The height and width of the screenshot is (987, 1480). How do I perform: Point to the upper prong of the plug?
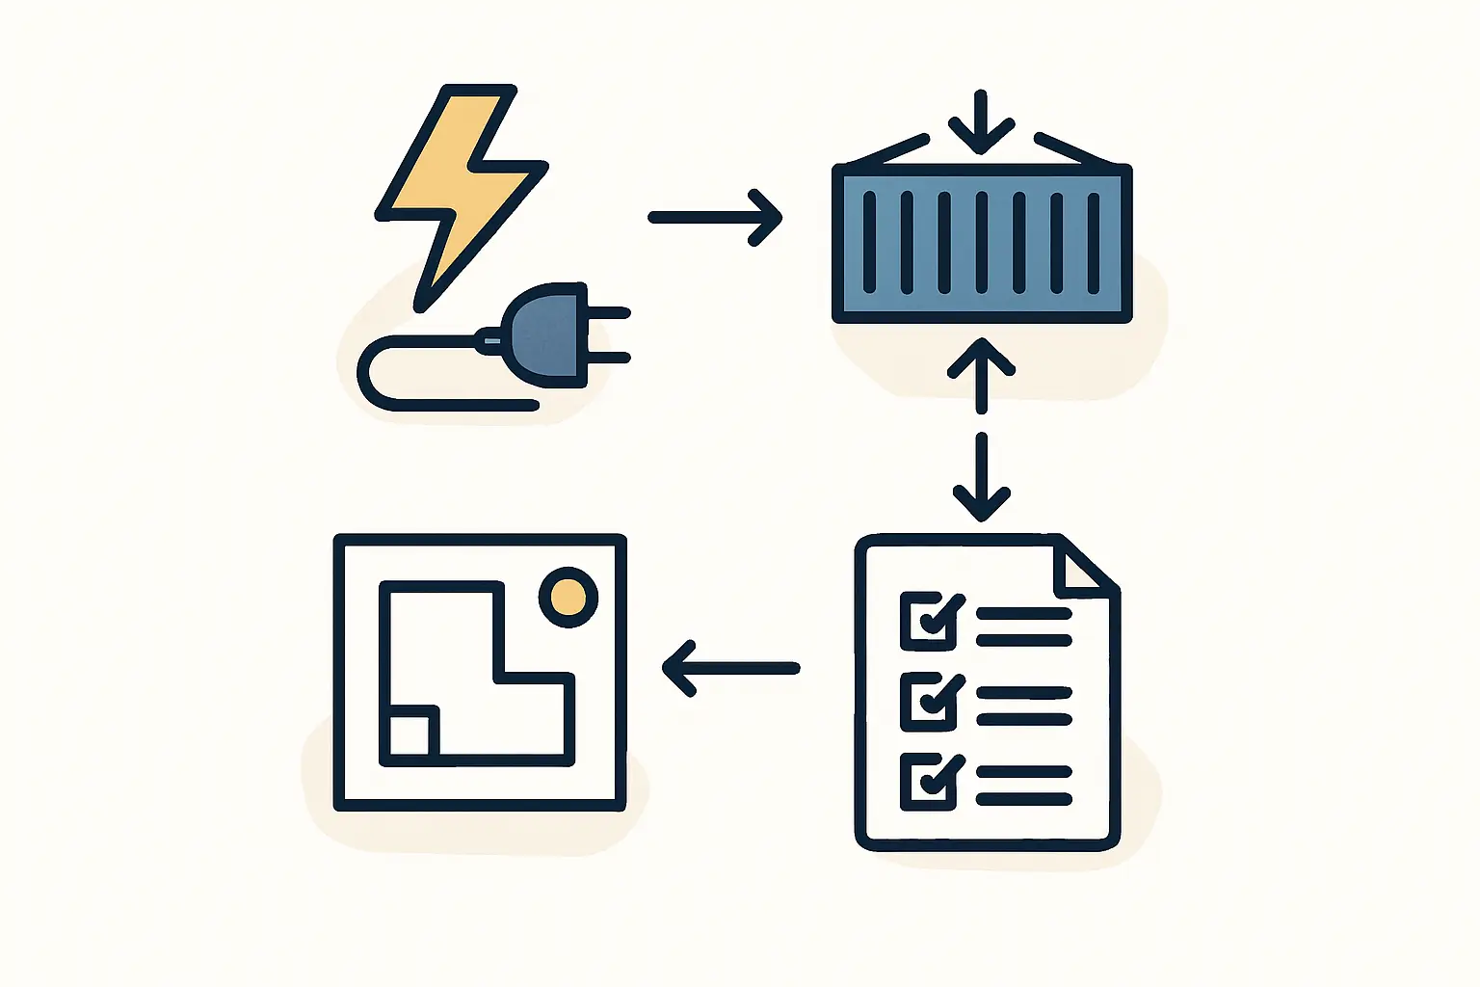[607, 313]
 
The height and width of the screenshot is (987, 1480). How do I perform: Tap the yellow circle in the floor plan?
[568, 597]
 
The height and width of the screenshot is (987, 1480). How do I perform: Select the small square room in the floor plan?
[410, 734]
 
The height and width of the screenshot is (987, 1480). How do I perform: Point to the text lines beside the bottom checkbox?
[1023, 786]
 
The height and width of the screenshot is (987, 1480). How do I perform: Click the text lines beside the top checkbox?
[1023, 627]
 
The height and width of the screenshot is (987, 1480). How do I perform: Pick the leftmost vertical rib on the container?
[870, 242]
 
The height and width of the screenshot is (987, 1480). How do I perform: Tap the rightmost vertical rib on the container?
[1094, 242]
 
